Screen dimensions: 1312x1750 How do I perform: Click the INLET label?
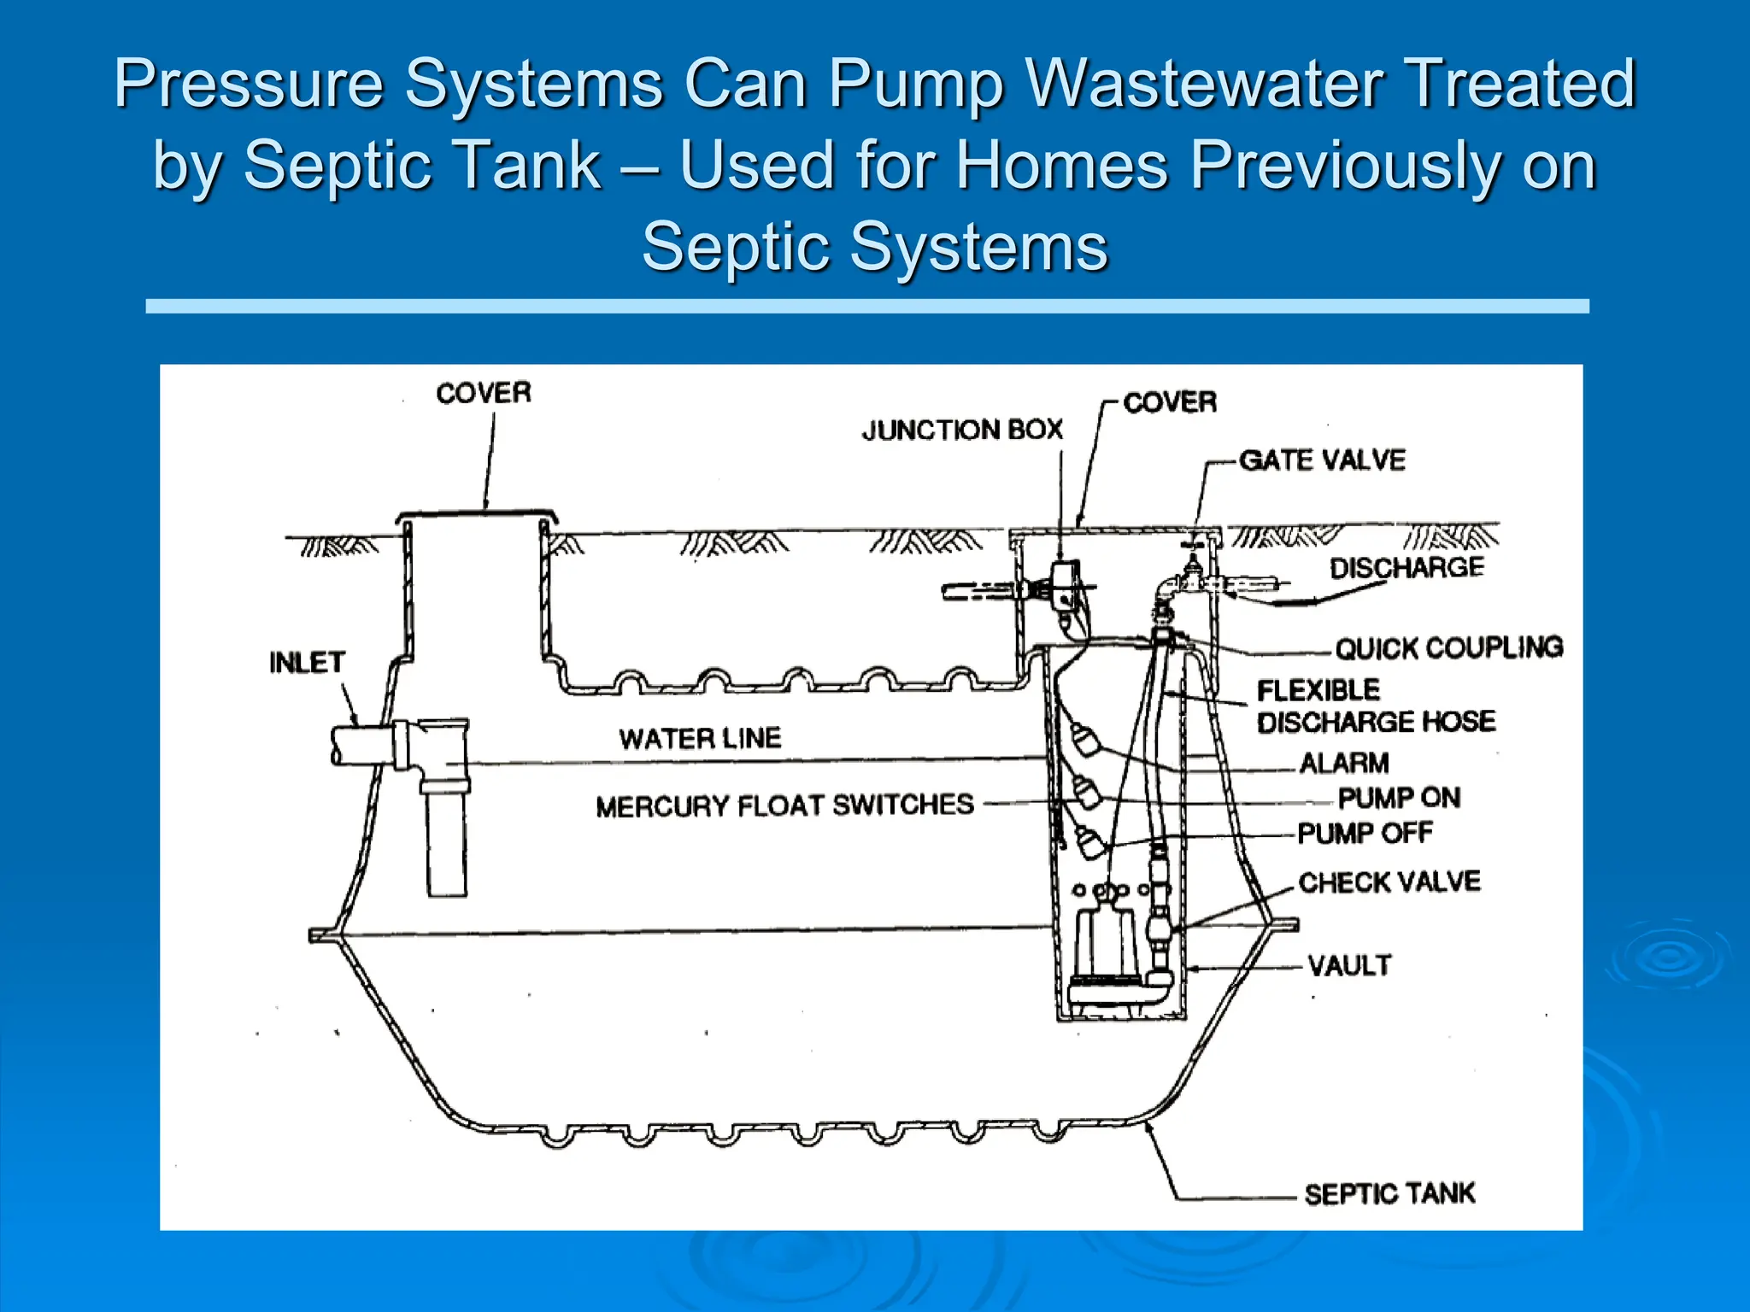[307, 663]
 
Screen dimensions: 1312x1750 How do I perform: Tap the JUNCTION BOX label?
[962, 430]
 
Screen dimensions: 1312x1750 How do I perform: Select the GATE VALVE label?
[1322, 460]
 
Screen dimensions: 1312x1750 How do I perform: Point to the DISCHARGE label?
[1406, 568]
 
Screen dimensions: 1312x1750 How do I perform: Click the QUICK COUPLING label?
[1449, 648]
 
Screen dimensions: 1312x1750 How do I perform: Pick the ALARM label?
[1344, 763]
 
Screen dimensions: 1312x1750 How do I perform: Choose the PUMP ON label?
[1399, 798]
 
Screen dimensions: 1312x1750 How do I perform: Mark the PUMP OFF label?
[1365, 833]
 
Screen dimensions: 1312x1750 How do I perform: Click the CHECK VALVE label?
[1389, 882]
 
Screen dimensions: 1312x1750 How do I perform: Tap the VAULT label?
[1349, 966]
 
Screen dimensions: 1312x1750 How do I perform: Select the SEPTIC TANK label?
[1389, 1193]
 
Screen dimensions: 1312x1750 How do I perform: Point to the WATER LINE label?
[700, 738]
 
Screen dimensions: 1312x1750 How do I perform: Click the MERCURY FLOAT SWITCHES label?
[784, 805]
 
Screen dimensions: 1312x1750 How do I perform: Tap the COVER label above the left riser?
[484, 393]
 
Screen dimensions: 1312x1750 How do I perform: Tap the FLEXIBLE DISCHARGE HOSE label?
[1376, 706]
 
